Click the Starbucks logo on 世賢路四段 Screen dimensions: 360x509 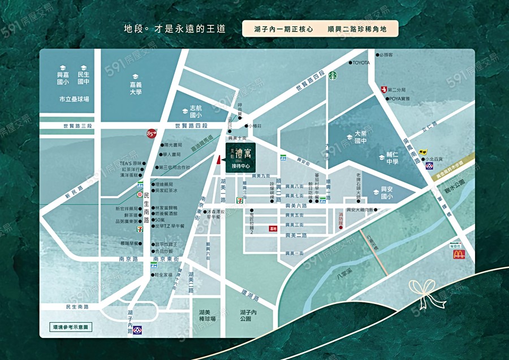[x=334, y=74]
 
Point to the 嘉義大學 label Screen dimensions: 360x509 [x=135, y=88]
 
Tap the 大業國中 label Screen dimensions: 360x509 [x=361, y=138]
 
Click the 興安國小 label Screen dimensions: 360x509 [x=387, y=192]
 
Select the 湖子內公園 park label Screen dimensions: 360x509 [x=248, y=315]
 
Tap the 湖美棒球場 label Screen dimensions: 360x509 [x=208, y=315]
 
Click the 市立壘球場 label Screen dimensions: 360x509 [x=74, y=98]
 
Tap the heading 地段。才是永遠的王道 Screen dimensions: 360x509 [x=174, y=28]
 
